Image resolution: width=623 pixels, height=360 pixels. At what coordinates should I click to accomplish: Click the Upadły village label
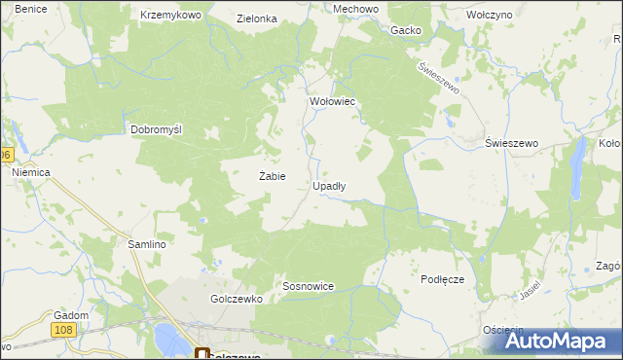(x=329, y=185)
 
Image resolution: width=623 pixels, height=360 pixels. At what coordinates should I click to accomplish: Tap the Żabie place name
(x=272, y=176)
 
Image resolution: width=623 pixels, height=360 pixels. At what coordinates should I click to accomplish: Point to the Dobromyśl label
(x=157, y=129)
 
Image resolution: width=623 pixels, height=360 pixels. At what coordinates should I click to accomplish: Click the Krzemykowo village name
(x=170, y=17)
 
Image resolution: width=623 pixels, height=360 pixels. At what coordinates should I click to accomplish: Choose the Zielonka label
(x=257, y=18)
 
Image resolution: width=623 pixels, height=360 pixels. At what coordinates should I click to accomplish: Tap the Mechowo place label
(x=328, y=8)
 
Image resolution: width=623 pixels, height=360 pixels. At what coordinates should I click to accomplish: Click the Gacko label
(x=406, y=30)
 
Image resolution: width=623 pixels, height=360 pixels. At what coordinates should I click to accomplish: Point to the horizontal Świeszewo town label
(x=512, y=143)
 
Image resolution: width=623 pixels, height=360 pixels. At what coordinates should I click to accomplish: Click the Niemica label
(x=31, y=172)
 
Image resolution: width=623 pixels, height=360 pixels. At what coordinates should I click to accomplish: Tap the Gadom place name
(x=72, y=315)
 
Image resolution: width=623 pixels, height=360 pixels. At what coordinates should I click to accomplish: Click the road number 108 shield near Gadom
(x=65, y=332)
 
